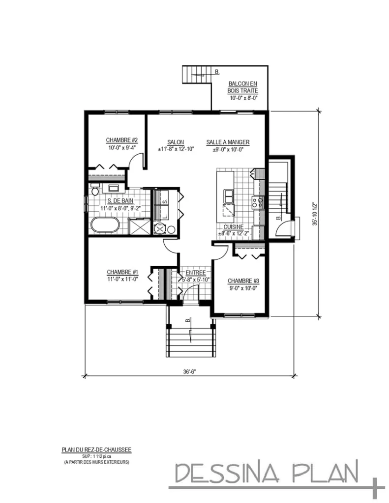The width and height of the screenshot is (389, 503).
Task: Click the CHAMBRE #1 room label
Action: click(122, 272)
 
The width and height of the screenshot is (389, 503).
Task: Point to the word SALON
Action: click(176, 142)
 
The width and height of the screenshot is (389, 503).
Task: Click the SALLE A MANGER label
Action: click(228, 142)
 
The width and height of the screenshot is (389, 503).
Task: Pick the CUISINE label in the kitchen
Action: click(233, 227)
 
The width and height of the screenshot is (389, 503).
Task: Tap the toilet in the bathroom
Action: click(95, 188)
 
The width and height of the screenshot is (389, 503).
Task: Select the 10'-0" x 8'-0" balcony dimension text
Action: click(242, 98)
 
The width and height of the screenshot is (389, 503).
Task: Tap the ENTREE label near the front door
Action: click(195, 273)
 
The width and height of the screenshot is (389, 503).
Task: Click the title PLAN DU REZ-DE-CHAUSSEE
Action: click(96, 449)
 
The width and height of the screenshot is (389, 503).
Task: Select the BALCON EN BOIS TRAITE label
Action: click(242, 87)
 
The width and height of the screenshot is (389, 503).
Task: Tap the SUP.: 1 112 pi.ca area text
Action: click(96, 456)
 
